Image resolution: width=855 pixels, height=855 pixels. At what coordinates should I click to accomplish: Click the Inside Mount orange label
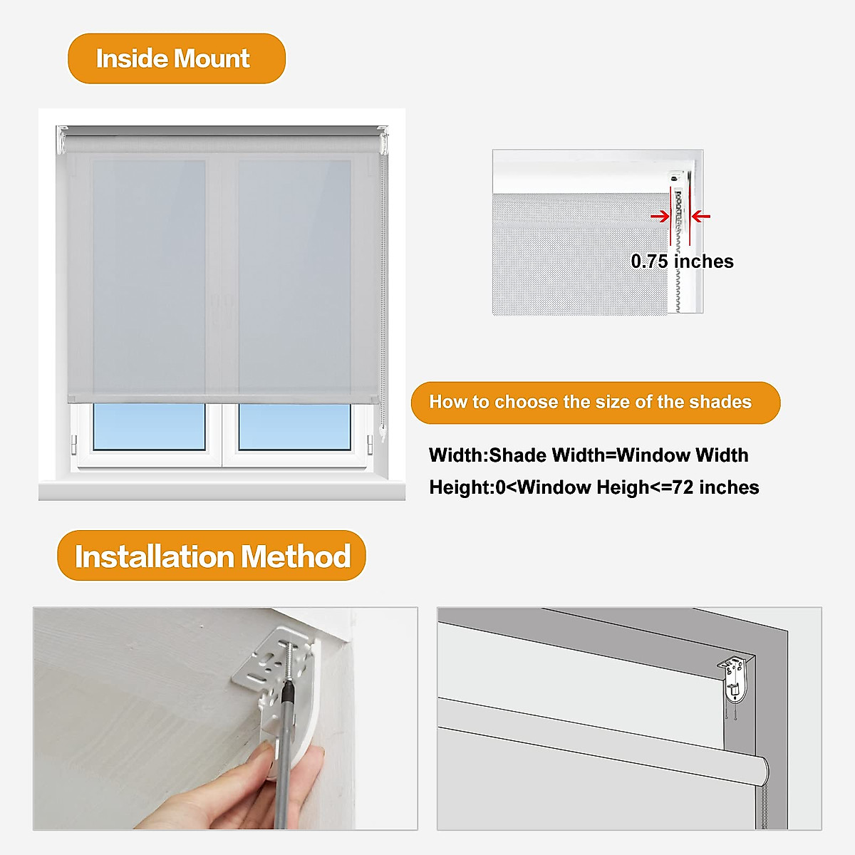(176, 58)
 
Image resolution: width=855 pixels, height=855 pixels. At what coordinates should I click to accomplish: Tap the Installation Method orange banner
(211, 556)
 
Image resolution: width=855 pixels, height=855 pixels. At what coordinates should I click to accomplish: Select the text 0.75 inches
(682, 261)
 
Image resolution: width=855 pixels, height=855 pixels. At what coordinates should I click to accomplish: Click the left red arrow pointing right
(659, 216)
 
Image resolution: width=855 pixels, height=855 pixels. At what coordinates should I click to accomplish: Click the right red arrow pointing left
(702, 216)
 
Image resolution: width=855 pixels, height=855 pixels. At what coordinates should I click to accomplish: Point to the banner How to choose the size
(595, 403)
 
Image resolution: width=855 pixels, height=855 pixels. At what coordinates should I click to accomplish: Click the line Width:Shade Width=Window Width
(589, 455)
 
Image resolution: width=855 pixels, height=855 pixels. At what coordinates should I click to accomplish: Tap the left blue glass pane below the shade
(149, 427)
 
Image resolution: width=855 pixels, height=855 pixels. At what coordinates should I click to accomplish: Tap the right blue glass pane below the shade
(294, 427)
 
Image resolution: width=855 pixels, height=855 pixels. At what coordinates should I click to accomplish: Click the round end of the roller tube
(761, 770)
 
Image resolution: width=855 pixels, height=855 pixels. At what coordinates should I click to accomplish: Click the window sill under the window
(222, 490)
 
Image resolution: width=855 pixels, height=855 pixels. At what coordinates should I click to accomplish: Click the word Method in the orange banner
(296, 556)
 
